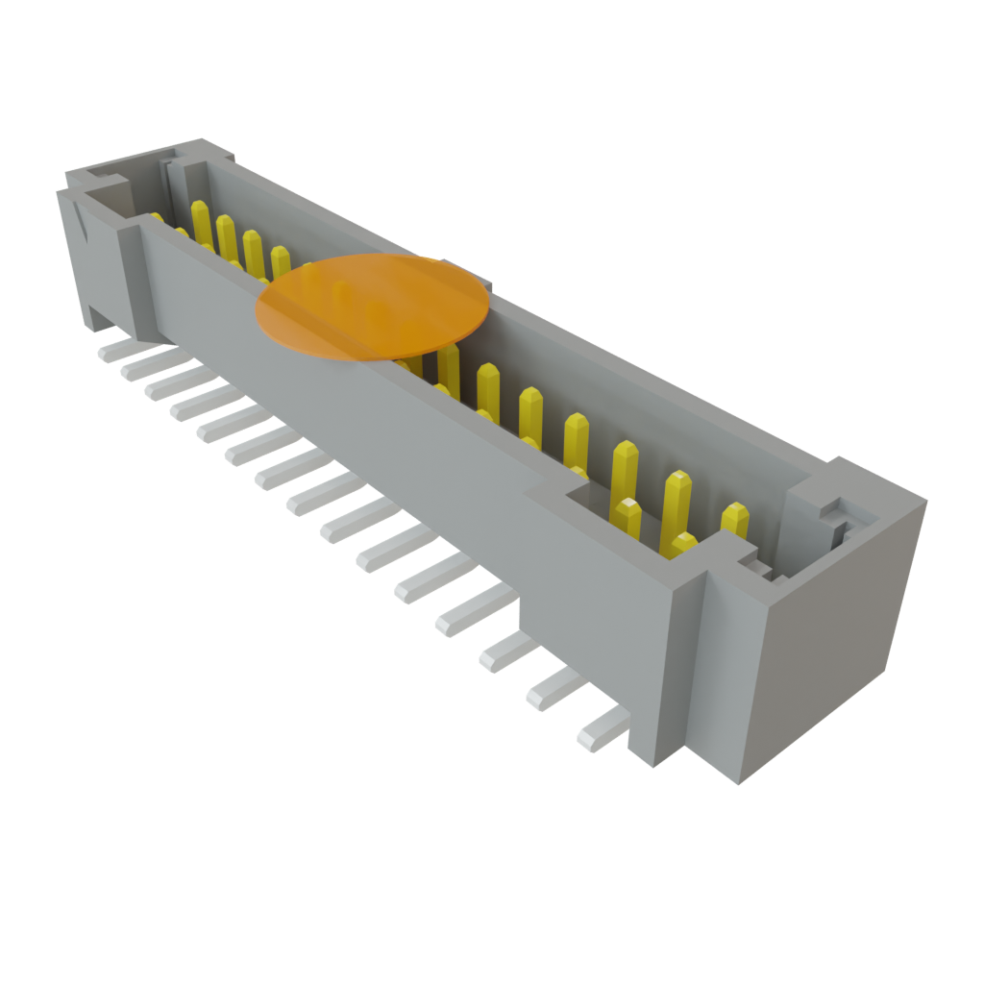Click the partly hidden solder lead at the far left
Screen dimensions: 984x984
point(112,348)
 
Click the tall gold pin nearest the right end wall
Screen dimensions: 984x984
point(735,520)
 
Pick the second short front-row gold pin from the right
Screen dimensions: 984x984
point(628,516)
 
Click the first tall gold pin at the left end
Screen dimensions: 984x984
point(201,221)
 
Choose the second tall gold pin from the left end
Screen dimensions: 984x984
point(227,235)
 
